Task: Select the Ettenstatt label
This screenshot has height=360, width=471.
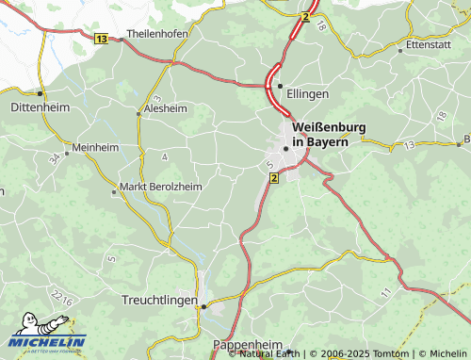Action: click(x=429, y=43)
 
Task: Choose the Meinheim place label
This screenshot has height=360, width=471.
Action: click(x=95, y=148)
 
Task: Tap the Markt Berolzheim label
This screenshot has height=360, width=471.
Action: click(x=160, y=187)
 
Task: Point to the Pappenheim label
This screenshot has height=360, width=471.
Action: click(x=249, y=345)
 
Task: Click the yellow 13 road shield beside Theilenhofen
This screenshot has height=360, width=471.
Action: click(x=101, y=37)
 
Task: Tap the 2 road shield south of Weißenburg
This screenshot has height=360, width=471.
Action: click(x=274, y=177)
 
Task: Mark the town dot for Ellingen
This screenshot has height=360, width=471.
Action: click(x=280, y=86)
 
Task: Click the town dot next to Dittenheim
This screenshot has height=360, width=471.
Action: click(x=40, y=94)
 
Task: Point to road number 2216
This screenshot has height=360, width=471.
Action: click(x=62, y=298)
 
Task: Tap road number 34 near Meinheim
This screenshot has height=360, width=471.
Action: click(x=55, y=158)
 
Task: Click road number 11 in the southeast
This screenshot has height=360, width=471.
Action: click(x=384, y=295)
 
